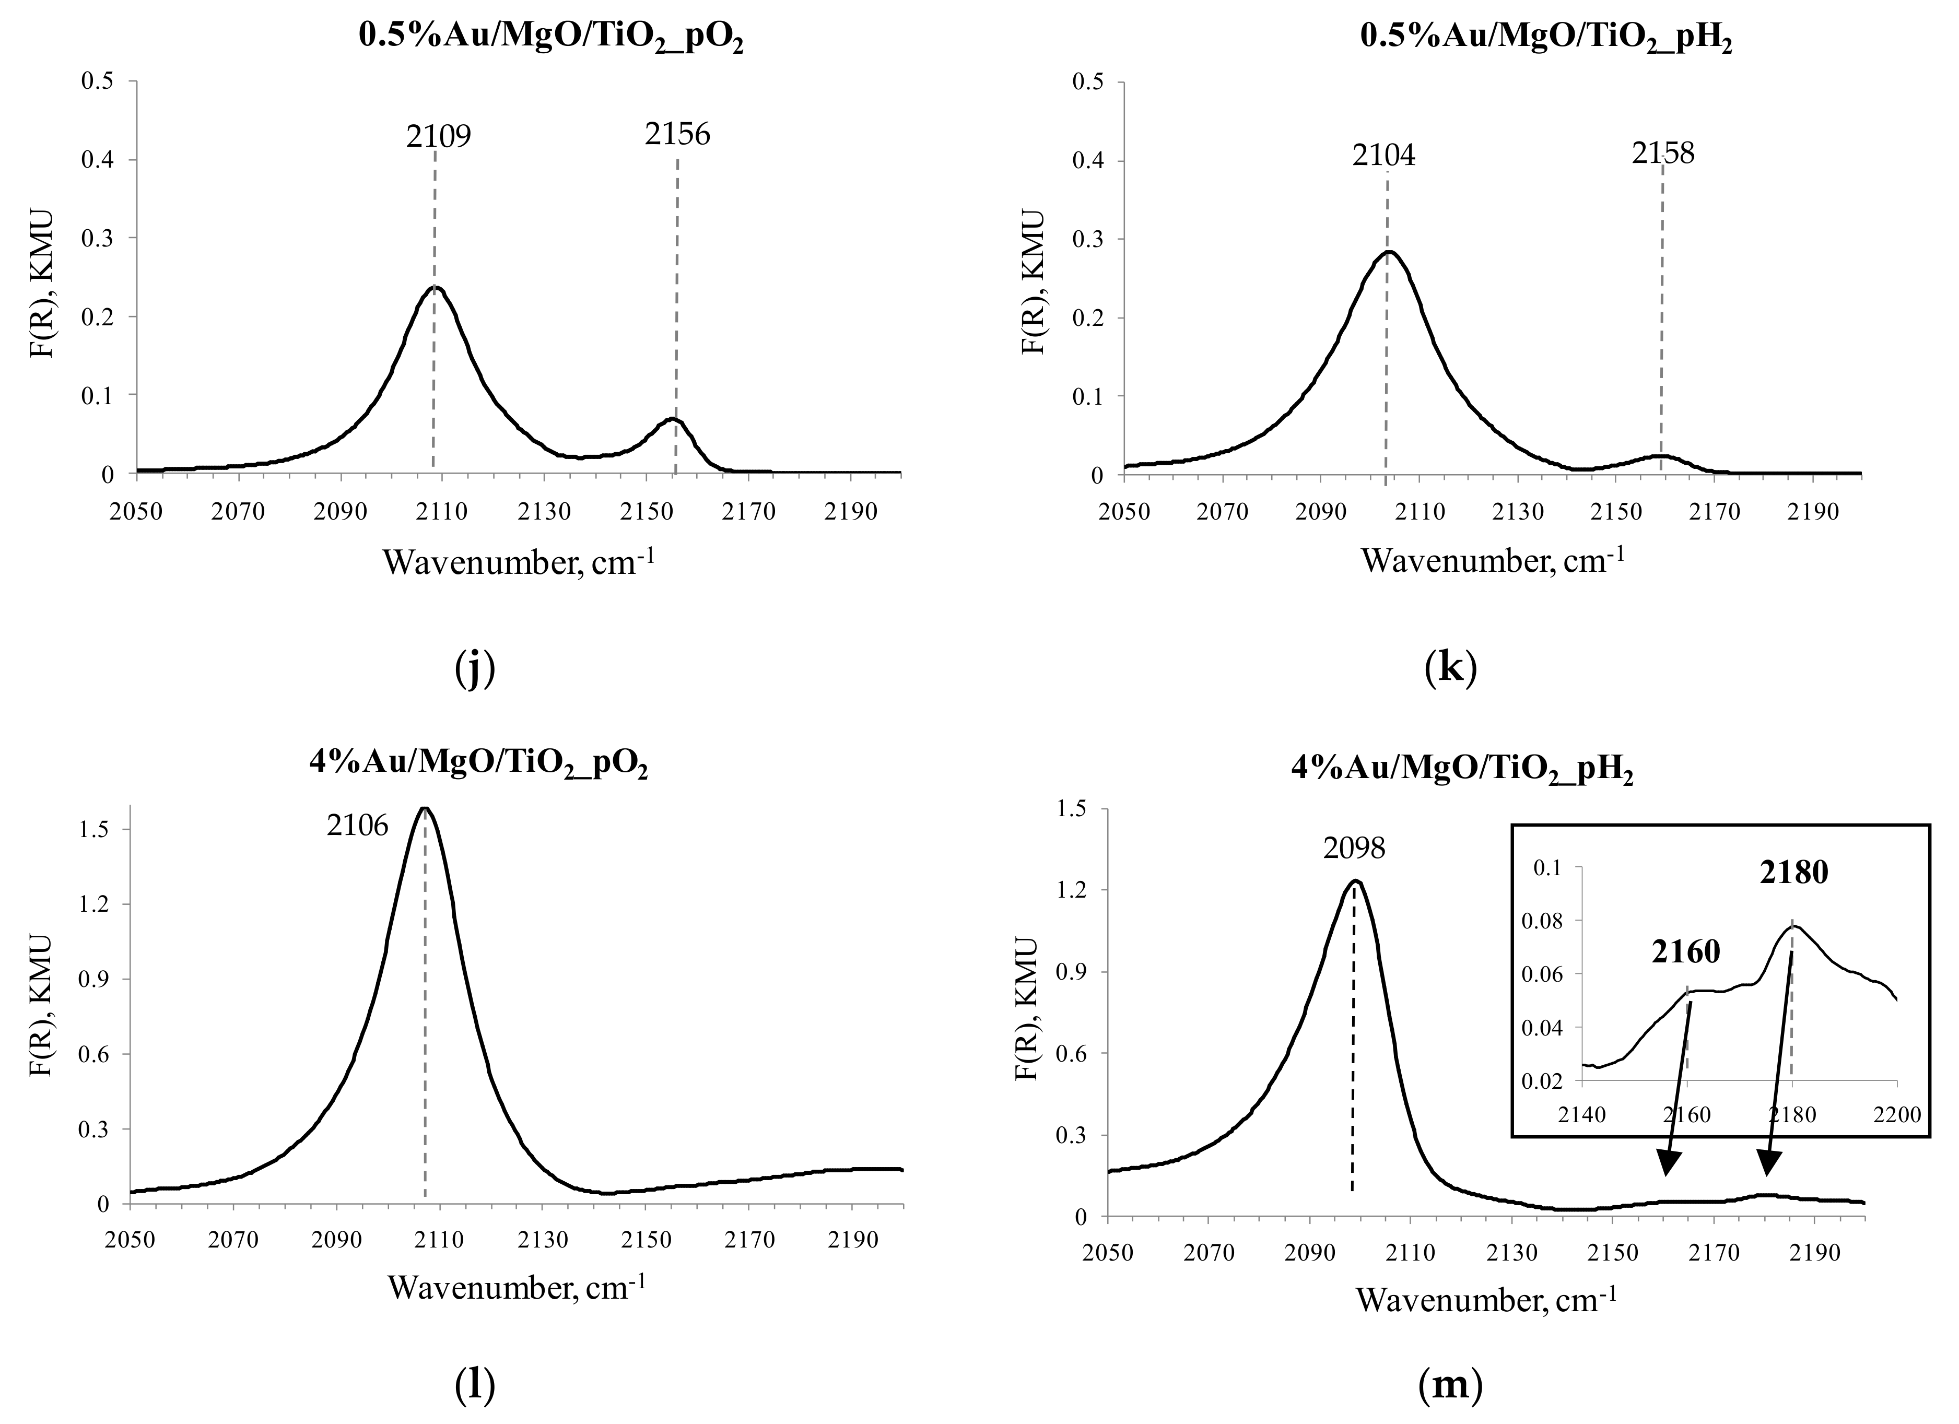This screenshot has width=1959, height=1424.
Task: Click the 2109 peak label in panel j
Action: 439,136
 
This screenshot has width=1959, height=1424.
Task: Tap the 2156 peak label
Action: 677,134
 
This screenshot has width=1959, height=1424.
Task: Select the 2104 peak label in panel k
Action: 1384,156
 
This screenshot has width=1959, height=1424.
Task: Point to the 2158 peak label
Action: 1663,153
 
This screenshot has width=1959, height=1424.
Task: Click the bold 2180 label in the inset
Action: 1794,873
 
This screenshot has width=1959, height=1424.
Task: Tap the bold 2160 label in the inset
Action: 1686,951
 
